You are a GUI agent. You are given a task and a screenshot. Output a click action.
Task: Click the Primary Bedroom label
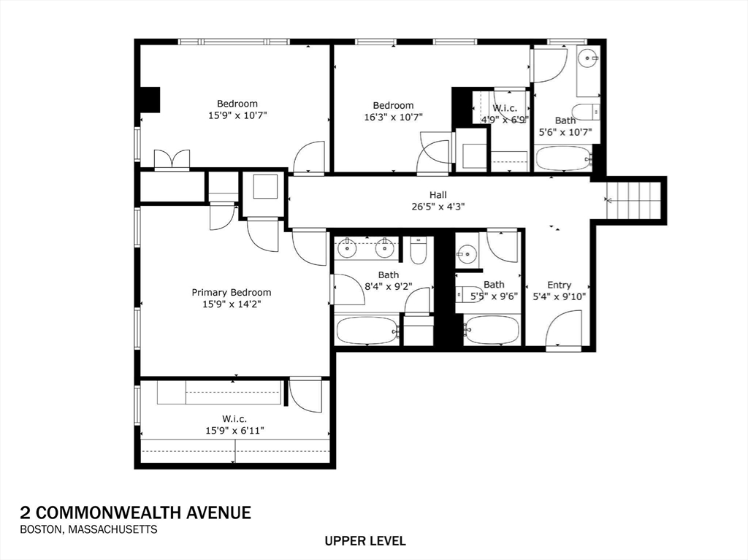click(x=231, y=292)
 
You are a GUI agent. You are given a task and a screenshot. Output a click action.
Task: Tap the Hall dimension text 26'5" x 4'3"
click(x=438, y=206)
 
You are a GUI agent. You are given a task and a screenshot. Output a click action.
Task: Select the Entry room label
click(x=559, y=285)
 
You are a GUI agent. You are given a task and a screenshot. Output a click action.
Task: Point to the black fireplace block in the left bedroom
click(x=150, y=99)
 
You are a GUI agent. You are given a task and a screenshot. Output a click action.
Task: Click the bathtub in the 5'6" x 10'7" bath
click(x=562, y=158)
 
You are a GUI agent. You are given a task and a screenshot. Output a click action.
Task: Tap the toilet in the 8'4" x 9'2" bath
click(x=418, y=251)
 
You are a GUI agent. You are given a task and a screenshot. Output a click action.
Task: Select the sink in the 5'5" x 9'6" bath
click(x=466, y=255)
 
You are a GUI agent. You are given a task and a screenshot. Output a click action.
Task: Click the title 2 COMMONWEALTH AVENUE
click(x=135, y=513)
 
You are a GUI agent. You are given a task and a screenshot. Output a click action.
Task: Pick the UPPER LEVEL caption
click(x=365, y=541)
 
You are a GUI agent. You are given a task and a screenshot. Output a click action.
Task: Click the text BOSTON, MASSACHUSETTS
click(x=88, y=529)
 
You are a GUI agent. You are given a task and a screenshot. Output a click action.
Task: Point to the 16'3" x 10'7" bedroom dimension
click(x=393, y=117)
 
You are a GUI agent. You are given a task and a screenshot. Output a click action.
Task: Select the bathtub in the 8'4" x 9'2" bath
click(x=367, y=330)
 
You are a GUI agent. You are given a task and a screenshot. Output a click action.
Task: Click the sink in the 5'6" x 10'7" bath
click(x=587, y=57)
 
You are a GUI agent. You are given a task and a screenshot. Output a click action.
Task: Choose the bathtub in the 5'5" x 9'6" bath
click(x=492, y=330)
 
